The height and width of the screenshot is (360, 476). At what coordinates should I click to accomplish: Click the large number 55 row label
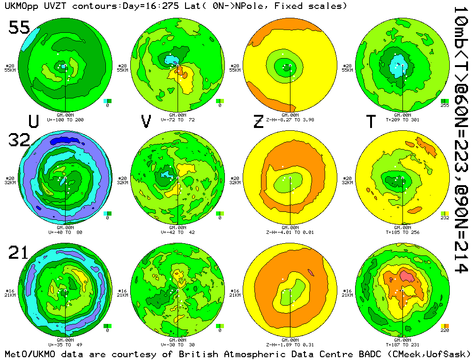click(19, 28)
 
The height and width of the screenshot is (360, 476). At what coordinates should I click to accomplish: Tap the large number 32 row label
click(19, 140)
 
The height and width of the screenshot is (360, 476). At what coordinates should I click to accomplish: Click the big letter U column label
click(33, 121)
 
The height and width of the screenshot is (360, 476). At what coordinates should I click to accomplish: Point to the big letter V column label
click(146, 121)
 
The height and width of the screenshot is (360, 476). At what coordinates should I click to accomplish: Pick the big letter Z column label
click(258, 121)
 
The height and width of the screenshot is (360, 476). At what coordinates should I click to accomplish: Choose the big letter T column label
click(371, 121)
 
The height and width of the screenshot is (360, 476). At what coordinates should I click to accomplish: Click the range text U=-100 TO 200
click(65, 120)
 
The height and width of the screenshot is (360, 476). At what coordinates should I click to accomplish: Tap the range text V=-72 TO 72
click(178, 120)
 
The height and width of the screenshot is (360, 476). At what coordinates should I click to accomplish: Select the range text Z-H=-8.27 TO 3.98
click(290, 120)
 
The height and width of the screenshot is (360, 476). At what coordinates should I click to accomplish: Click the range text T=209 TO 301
click(402, 120)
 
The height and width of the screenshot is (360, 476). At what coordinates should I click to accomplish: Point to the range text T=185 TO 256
click(402, 232)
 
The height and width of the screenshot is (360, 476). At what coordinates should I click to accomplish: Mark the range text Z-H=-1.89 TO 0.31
click(290, 345)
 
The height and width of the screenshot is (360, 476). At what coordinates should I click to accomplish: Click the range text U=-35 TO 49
click(65, 345)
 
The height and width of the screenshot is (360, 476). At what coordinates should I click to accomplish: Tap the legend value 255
click(445, 105)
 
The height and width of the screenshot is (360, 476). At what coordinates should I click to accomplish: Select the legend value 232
click(445, 218)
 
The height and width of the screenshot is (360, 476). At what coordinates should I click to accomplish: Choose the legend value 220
click(445, 330)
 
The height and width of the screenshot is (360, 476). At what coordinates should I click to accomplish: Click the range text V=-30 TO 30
click(178, 345)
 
